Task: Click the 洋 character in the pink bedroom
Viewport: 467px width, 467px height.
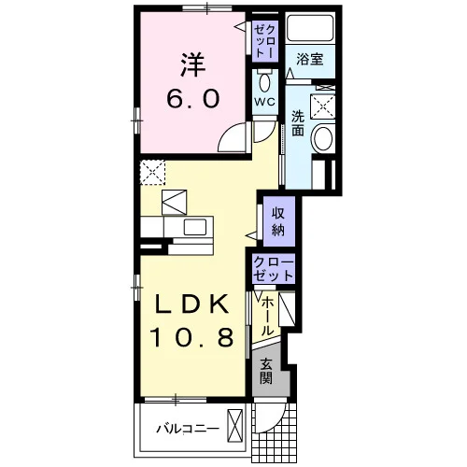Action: tap(193, 65)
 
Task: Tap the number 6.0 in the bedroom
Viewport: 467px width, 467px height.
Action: tap(193, 98)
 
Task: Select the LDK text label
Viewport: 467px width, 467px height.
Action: tap(192, 304)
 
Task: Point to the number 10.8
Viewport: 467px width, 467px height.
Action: tap(191, 337)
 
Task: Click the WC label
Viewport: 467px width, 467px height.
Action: tap(265, 102)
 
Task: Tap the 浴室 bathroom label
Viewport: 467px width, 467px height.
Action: tap(310, 59)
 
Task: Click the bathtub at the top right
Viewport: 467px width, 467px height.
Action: tap(310, 27)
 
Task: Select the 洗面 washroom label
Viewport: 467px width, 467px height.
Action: tap(298, 123)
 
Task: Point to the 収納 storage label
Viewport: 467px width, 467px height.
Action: tap(278, 222)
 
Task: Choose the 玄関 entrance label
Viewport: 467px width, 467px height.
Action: tap(266, 371)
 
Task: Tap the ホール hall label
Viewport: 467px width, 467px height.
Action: tap(267, 316)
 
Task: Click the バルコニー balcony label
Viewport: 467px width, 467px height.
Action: tap(188, 429)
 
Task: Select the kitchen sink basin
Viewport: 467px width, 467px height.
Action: tap(195, 227)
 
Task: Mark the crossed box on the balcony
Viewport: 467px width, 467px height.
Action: tap(234, 426)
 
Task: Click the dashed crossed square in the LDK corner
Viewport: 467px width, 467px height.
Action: tap(152, 172)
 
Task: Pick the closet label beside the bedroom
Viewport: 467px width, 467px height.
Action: tap(265, 40)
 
